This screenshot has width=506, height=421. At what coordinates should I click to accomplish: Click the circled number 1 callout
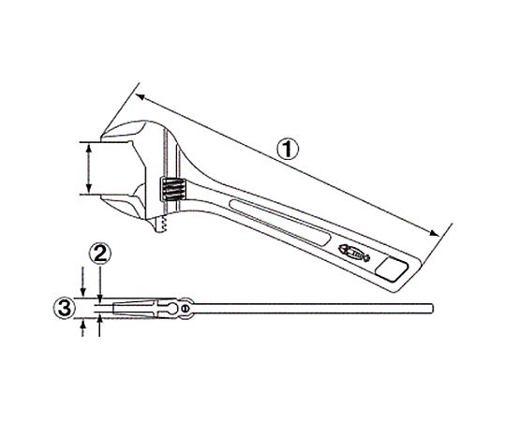coord(289,150)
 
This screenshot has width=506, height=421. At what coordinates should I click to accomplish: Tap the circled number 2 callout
coord(100,254)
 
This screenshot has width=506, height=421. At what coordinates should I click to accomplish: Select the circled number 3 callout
coord(65,308)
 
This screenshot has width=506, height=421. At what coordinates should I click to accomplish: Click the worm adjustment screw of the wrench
coord(173,190)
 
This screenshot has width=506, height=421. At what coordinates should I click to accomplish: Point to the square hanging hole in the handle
coord(392,268)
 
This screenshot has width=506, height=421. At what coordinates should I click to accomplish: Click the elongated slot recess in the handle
coord(280,223)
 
